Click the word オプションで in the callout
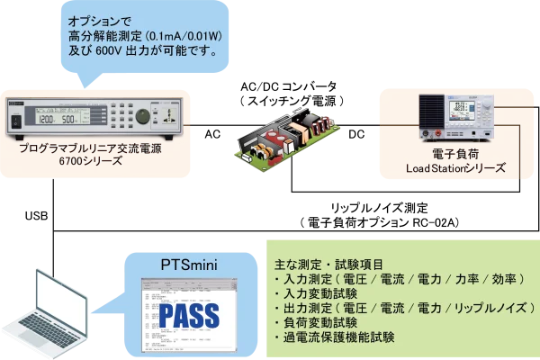coord(99,20)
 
